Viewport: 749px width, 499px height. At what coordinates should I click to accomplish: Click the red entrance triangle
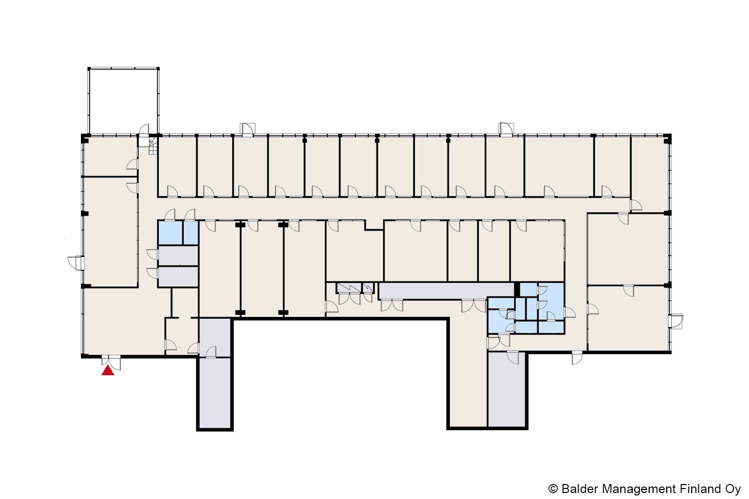pos(108,371)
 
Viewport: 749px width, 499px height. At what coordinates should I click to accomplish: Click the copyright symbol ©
pos(553,490)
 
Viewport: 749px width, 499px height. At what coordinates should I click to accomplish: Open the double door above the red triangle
pos(111,363)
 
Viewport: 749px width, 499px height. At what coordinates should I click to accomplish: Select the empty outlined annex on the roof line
pos(123,101)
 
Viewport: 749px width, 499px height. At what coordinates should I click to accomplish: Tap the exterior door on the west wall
pos(75,263)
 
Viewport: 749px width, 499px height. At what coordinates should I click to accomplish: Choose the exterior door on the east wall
pos(676,321)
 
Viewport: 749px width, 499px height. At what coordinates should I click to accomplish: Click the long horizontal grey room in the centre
pos(446,291)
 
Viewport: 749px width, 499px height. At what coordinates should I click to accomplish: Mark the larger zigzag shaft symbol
pos(349,288)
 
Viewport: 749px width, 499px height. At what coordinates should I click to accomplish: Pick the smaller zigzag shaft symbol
pos(368,288)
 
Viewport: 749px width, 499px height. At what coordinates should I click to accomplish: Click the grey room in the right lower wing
pos(507,389)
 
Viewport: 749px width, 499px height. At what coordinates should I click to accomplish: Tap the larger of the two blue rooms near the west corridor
pos(170,233)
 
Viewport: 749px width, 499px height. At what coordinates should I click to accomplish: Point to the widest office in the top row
pos(559,166)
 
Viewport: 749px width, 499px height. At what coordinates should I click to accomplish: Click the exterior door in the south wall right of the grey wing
pos(577,358)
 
